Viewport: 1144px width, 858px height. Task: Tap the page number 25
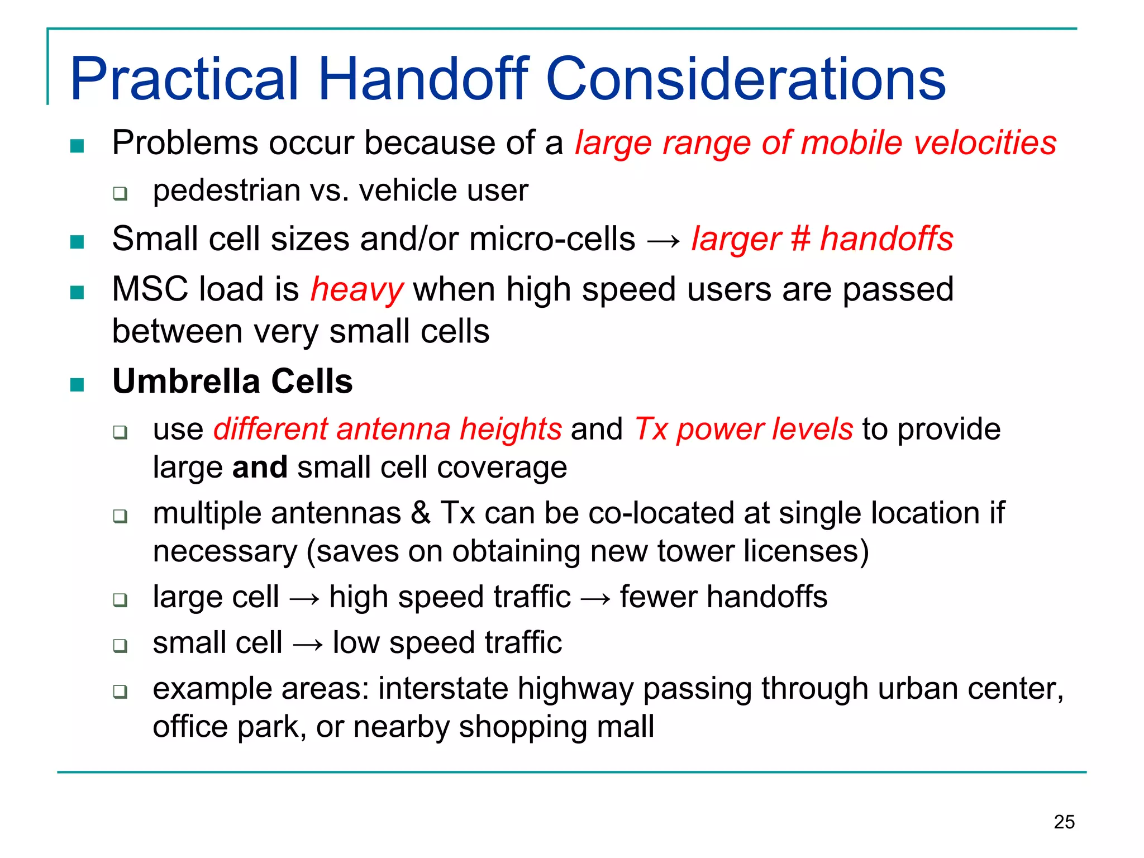tap(1064, 822)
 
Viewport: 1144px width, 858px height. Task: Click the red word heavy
tap(356, 290)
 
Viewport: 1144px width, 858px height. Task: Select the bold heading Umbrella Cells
tap(232, 382)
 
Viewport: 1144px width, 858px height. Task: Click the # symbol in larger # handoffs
tap(800, 239)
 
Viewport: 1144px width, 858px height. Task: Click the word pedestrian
tap(226, 190)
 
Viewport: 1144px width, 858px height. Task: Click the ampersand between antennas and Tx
tap(421, 513)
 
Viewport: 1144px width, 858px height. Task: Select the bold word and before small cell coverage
tap(260, 467)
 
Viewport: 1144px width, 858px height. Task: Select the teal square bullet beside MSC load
tap(77, 292)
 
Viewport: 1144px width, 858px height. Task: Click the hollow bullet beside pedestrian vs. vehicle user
tap(120, 194)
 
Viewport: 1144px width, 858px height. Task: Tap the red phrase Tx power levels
tap(743, 429)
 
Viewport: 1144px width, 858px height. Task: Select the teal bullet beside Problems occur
tap(77, 146)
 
